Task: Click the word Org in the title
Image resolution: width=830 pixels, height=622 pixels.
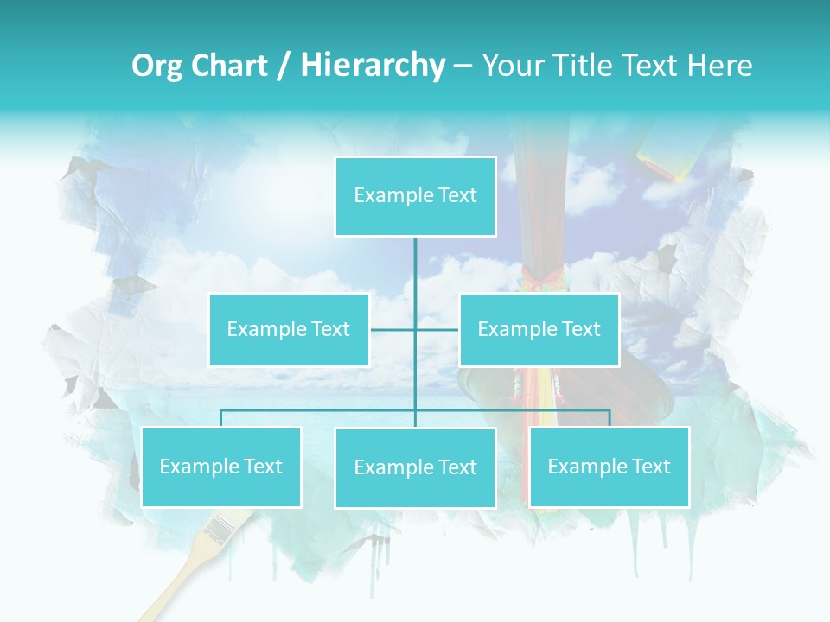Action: (x=156, y=66)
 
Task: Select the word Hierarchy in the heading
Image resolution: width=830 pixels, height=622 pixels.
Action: (x=373, y=66)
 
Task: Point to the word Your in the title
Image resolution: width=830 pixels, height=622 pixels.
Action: (x=513, y=66)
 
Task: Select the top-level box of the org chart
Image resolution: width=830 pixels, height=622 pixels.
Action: (x=415, y=196)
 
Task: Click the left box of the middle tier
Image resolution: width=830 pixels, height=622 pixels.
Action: (x=289, y=329)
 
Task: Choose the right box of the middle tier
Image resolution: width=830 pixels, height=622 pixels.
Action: (x=539, y=329)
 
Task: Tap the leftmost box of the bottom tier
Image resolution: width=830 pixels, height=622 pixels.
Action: (x=221, y=466)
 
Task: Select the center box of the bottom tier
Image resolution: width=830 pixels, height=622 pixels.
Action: (x=415, y=467)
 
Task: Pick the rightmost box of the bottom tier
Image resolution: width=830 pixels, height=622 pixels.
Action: (x=609, y=466)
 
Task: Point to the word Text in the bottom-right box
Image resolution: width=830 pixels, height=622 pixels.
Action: (x=650, y=466)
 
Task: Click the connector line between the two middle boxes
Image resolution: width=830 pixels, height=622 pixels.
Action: (x=414, y=329)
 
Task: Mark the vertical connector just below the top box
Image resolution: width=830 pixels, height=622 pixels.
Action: (x=415, y=259)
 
